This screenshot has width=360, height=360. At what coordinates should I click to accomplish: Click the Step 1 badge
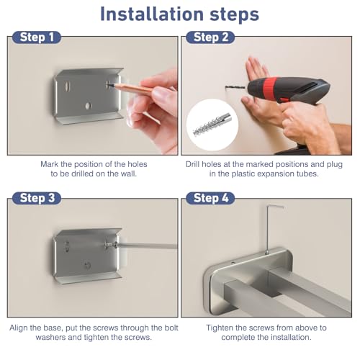[x=37, y=37]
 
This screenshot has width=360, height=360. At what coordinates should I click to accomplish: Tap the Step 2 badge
[x=210, y=37]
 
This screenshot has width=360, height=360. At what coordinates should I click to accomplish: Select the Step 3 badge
[x=37, y=198]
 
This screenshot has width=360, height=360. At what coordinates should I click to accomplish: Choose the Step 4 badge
[x=210, y=198]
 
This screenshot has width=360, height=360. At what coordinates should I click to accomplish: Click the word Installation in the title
[x=152, y=14]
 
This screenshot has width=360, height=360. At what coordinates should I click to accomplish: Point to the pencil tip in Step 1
[x=109, y=84]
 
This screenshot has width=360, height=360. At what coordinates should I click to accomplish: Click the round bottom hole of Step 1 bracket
[x=88, y=106]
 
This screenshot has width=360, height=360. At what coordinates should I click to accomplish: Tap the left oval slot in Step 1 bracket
[x=68, y=86]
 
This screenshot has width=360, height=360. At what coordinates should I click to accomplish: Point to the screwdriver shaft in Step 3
[x=146, y=246]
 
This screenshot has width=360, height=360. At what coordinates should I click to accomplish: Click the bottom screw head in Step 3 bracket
[x=87, y=265]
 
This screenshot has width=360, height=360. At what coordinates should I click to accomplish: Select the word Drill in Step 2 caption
[x=193, y=164]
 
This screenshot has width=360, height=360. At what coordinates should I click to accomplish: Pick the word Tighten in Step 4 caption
[x=220, y=328]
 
